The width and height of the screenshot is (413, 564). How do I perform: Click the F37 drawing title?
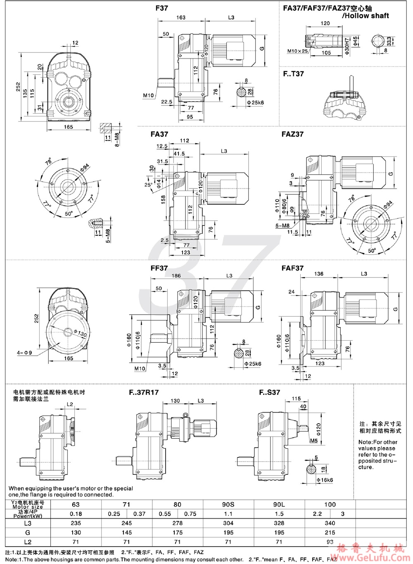162,8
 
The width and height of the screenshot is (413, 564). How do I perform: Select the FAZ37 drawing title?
292,134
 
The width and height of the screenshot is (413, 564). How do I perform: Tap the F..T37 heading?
293,74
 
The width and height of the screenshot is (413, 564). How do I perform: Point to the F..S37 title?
270,392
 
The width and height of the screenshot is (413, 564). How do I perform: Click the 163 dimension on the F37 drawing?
181,18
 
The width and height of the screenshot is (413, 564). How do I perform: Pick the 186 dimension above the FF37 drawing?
176,275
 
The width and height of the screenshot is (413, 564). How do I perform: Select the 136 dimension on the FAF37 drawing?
318,274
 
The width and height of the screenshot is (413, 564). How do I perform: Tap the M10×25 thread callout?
298,52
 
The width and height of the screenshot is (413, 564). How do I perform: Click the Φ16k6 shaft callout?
325,480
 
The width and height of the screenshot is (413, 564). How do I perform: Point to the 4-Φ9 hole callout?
24,353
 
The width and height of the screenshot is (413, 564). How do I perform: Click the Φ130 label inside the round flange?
81,333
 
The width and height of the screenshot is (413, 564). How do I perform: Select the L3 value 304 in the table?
228,523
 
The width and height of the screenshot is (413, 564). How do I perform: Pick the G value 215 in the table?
330,533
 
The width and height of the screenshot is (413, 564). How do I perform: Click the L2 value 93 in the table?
330,542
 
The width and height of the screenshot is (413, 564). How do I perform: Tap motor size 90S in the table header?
228,504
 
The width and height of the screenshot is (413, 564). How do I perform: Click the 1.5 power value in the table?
279,514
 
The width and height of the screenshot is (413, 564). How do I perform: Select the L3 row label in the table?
28,523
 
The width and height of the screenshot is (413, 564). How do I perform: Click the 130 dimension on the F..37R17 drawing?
175,401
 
